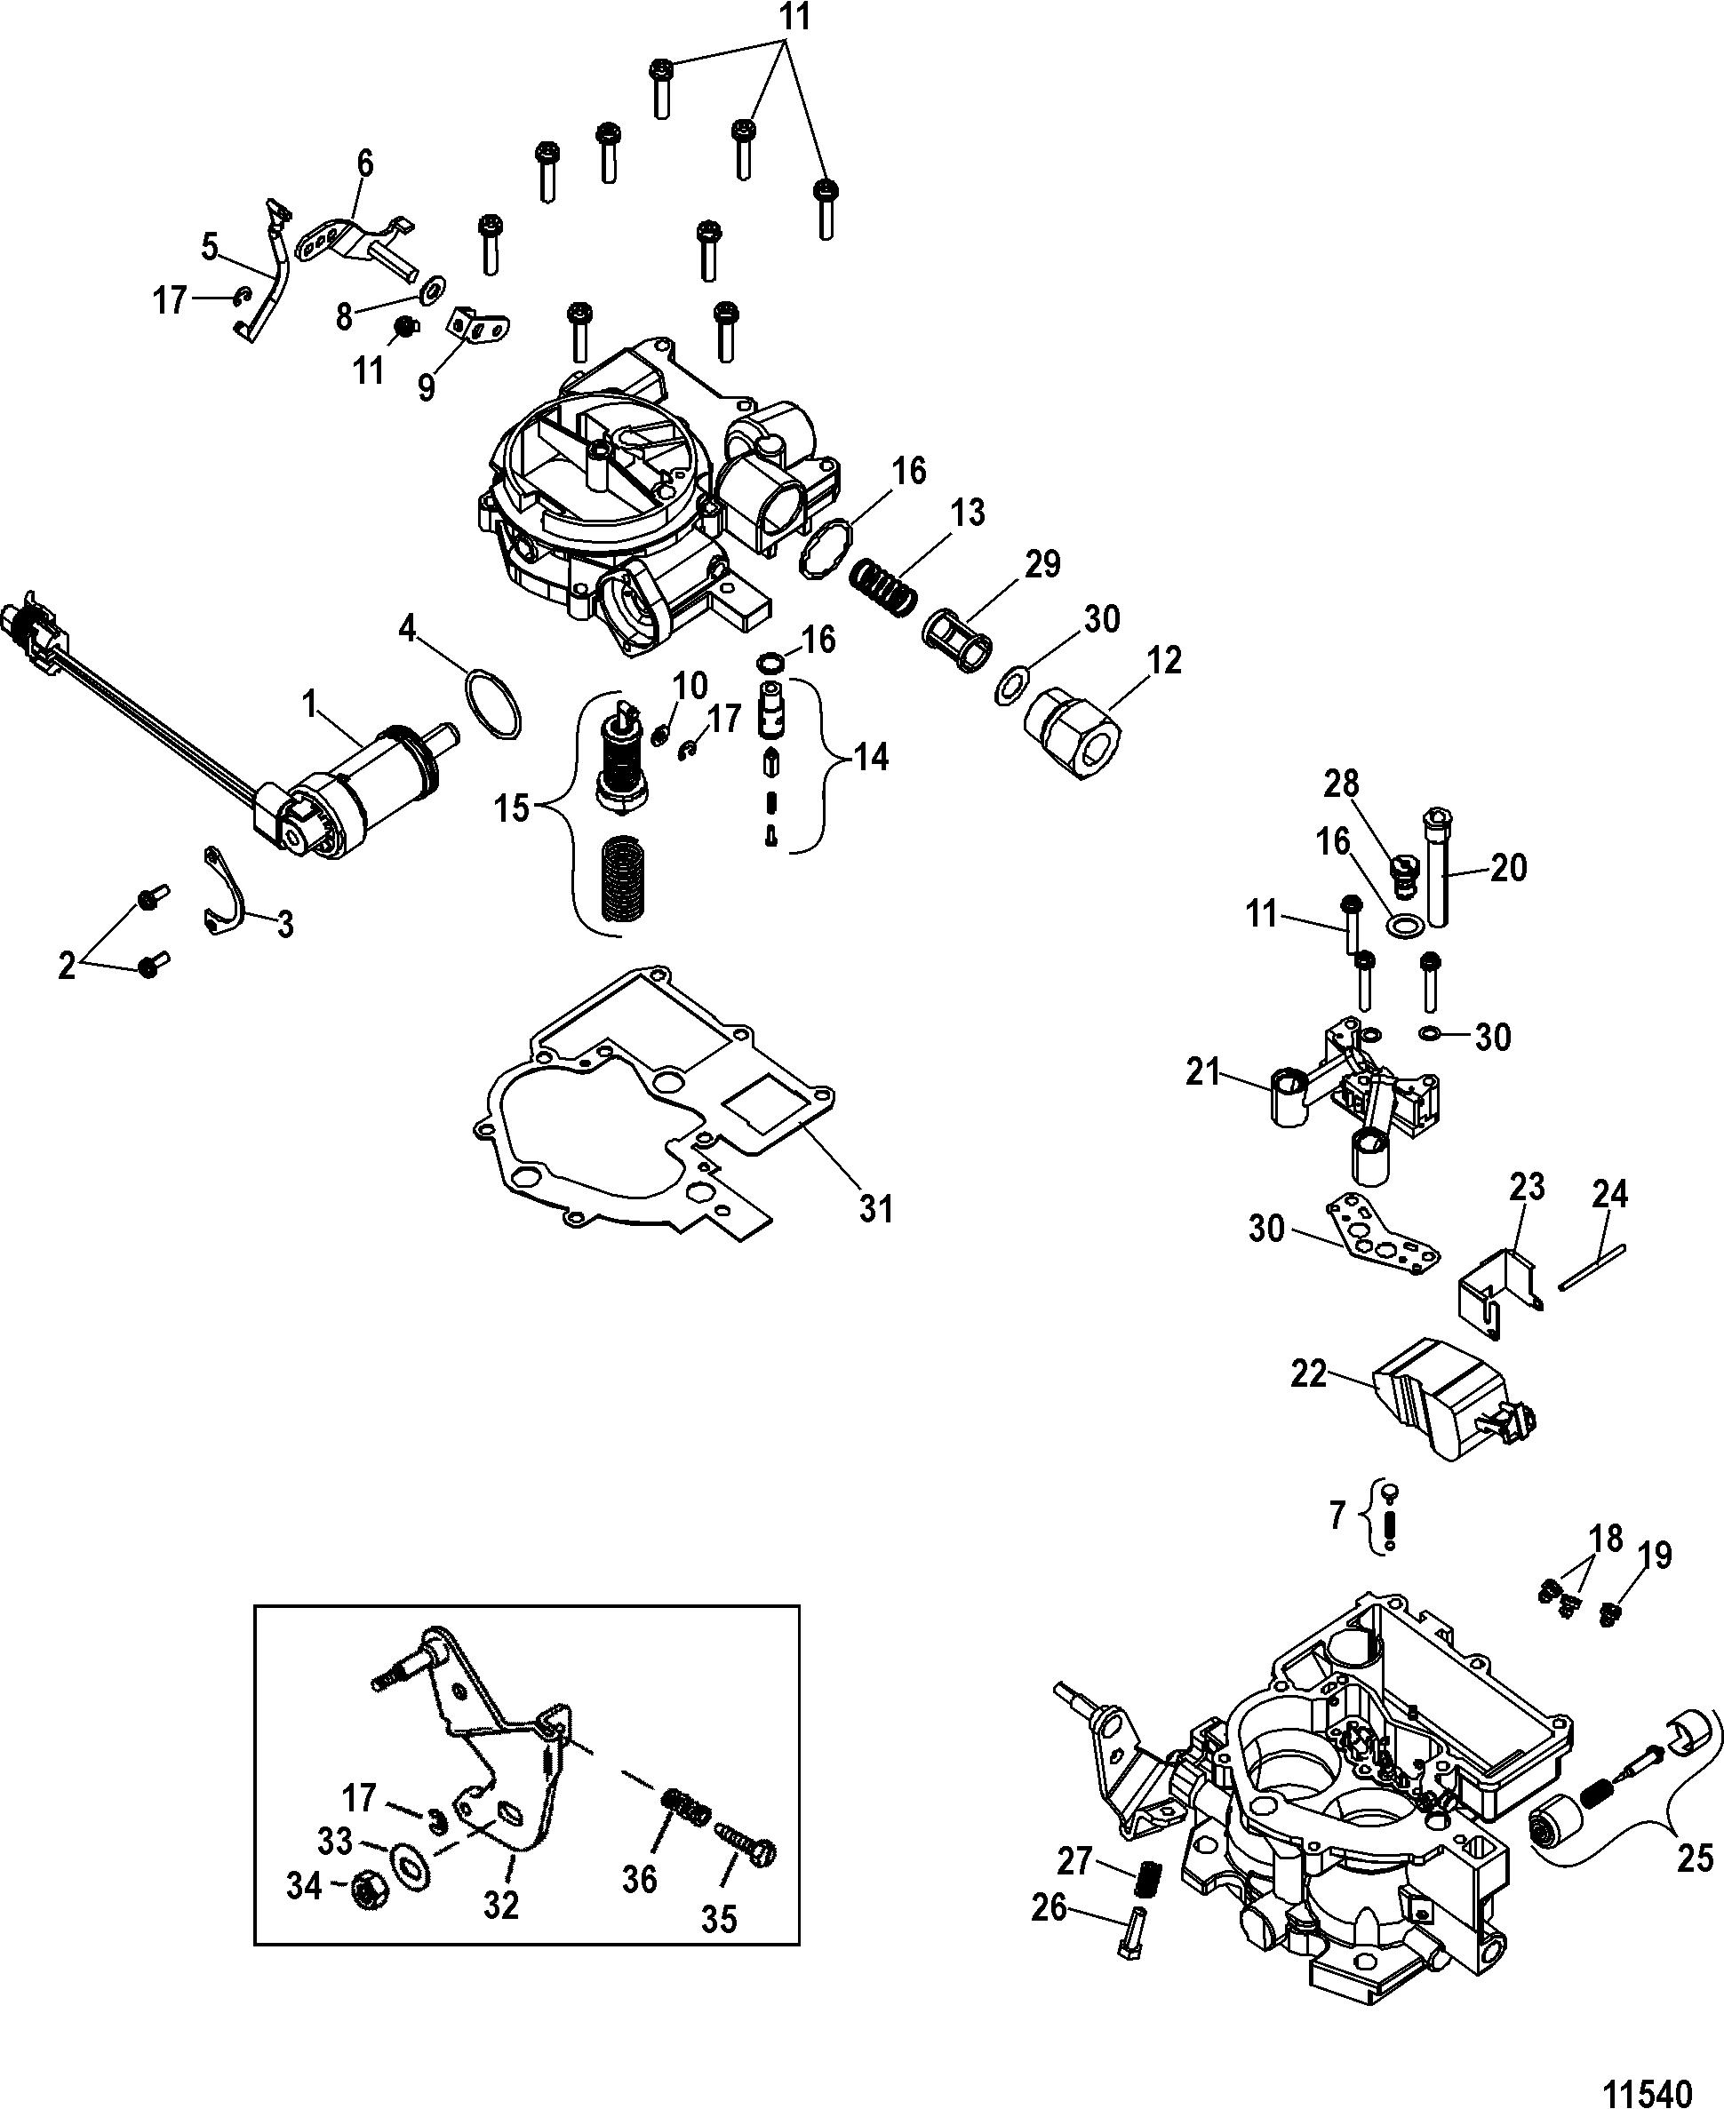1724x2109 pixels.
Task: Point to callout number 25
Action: pyautogui.click(x=1696, y=1857)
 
